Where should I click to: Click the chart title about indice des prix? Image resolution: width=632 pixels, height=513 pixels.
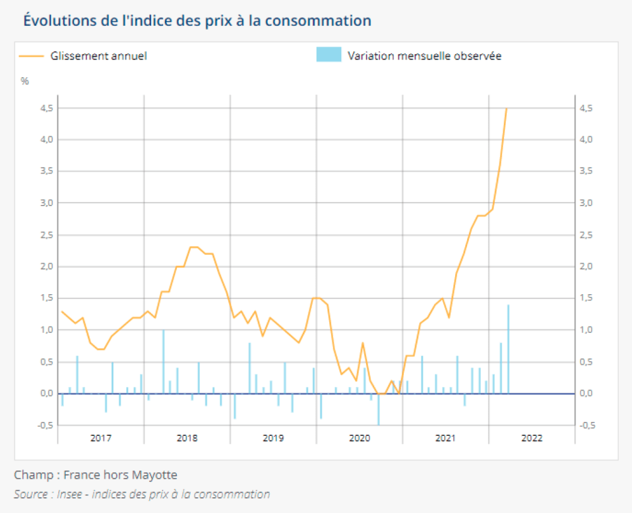(x=197, y=20)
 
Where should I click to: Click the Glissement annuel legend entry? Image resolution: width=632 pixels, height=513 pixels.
(x=99, y=56)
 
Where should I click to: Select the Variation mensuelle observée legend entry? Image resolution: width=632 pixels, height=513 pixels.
(x=424, y=56)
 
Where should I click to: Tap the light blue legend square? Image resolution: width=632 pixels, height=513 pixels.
(x=328, y=55)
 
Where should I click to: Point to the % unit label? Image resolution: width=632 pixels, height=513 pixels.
(x=25, y=81)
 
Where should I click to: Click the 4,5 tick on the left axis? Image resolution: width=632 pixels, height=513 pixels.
(x=46, y=108)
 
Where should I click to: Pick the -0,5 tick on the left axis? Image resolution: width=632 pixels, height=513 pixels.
(x=44, y=425)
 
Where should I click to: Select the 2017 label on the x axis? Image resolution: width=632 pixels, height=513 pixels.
(x=100, y=438)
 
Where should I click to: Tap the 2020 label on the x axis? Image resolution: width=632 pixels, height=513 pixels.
(x=359, y=438)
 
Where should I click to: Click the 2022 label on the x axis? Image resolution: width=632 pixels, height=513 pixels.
(x=532, y=438)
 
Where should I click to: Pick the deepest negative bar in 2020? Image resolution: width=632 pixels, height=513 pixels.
(x=379, y=409)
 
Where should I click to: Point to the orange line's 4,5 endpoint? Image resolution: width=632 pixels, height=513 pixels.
(x=507, y=109)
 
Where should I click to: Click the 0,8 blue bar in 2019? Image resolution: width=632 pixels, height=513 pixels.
(x=250, y=368)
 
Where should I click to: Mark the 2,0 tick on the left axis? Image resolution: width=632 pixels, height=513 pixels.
(x=46, y=266)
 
